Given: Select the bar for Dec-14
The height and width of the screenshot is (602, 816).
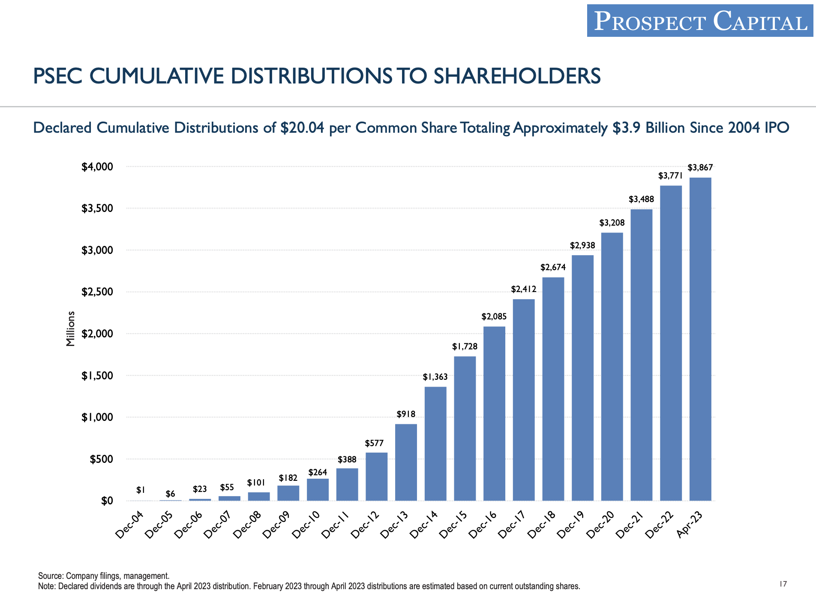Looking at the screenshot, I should (435, 443).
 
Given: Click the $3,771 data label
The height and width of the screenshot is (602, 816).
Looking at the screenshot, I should (670, 176).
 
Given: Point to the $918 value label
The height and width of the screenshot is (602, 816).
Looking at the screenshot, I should (406, 414).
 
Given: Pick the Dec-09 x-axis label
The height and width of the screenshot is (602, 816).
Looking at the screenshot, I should (276, 525).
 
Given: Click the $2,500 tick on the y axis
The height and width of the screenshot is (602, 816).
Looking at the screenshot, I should (97, 292).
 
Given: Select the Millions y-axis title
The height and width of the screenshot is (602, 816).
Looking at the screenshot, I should (71, 328).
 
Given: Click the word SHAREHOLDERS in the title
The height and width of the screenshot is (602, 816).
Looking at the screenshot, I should (517, 76).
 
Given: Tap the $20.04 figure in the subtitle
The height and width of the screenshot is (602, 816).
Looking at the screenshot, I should (302, 128).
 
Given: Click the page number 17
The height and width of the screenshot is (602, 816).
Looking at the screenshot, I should (783, 584).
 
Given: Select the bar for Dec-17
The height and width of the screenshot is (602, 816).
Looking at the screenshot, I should (524, 399).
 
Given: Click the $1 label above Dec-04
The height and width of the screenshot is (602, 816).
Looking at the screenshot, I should (141, 490).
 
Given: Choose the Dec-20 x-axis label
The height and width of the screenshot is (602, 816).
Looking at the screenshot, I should (600, 525).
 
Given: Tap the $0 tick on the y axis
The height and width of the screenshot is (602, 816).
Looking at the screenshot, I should (107, 501).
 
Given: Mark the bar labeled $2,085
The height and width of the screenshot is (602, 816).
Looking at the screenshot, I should (494, 413).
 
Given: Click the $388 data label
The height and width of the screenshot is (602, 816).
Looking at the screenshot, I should (347, 459).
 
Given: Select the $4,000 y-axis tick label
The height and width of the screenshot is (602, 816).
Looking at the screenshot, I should (97, 167).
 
